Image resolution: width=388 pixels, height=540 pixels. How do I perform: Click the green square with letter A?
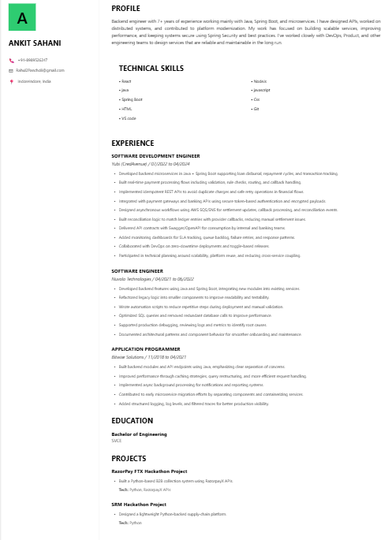pos(22,17)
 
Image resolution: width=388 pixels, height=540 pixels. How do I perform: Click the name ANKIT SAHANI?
pos(35,43)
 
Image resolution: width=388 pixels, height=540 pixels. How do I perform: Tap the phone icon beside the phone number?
pos(11,60)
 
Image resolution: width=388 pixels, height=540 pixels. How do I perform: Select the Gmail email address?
pos(40,70)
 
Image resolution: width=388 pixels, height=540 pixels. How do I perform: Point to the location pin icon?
pos(11,81)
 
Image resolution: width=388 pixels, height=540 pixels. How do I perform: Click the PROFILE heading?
pos(125,8)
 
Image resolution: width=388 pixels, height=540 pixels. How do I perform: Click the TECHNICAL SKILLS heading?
pos(151,69)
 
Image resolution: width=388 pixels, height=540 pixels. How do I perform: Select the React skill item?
pos(126,81)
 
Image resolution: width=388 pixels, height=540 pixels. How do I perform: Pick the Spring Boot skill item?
pos(132,99)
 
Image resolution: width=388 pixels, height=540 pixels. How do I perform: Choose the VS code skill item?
pos(129,117)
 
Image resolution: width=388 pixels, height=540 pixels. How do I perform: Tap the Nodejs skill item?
pos(260,81)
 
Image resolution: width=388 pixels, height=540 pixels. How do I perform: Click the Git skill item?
pos(256,109)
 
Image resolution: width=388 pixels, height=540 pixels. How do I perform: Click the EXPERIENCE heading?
pos(132,143)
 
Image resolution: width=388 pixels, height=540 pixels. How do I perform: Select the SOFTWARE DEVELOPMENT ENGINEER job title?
pos(155,156)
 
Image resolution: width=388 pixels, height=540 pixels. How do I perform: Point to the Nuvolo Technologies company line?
pos(152,279)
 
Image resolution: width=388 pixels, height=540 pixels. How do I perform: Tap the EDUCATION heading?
pos(132,420)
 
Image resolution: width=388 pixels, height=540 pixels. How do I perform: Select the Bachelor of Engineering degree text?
pos(139,434)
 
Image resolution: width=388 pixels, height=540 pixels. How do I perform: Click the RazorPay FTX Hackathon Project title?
pos(149,471)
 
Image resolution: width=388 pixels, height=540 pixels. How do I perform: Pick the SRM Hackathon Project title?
pos(139,505)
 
